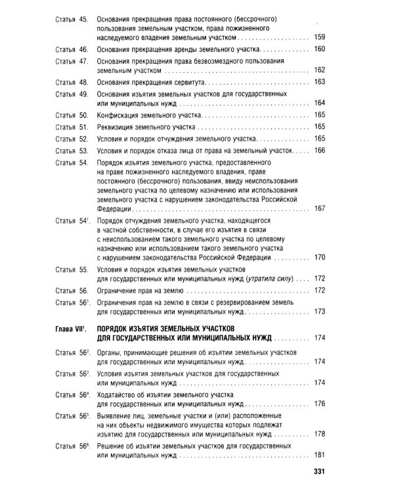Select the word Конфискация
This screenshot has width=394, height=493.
(x=120, y=114)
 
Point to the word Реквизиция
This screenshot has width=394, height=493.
(x=118, y=126)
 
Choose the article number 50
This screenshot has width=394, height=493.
(x=83, y=114)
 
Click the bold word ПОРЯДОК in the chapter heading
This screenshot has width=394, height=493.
(x=117, y=327)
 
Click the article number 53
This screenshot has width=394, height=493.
(x=83, y=151)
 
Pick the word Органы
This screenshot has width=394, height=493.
(x=112, y=352)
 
